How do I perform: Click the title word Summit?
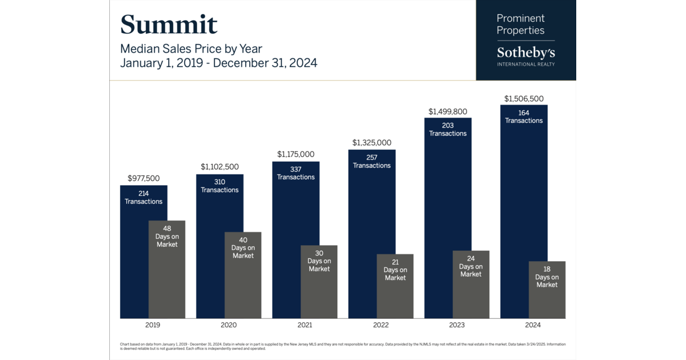click(x=169, y=25)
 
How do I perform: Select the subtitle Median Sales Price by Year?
click(x=191, y=49)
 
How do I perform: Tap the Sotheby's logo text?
click(x=525, y=53)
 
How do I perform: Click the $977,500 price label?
click(x=143, y=178)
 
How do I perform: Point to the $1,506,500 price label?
click(x=524, y=98)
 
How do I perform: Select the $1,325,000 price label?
click(x=372, y=142)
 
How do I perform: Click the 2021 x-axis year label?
click(x=305, y=325)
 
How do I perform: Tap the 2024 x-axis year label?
click(x=533, y=325)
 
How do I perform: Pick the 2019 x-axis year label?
click(x=153, y=325)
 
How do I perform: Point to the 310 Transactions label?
click(x=220, y=186)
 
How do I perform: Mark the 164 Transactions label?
click(x=524, y=117)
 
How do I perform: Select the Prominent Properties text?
click(x=520, y=25)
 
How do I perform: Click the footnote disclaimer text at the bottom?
click(x=343, y=346)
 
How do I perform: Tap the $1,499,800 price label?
click(x=448, y=111)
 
